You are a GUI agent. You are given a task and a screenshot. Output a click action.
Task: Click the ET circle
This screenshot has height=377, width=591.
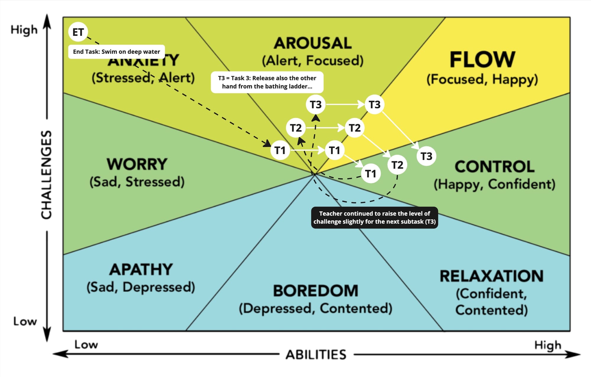click(x=78, y=32)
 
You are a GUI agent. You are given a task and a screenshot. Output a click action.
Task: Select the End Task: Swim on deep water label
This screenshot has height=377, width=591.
click(x=116, y=52)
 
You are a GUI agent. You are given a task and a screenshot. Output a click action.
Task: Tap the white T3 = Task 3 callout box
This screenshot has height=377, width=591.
click(x=267, y=82)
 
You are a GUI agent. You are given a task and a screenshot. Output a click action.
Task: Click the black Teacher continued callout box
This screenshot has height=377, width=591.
click(x=374, y=218)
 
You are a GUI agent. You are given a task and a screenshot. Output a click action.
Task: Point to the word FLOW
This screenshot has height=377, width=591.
click(x=482, y=60)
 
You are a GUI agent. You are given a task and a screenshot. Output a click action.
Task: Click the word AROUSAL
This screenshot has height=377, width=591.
click(x=313, y=43)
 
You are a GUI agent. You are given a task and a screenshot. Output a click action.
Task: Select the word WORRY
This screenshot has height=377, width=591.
click(x=137, y=164)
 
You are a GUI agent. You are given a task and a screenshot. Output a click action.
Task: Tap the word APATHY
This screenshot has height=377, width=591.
click(x=141, y=269)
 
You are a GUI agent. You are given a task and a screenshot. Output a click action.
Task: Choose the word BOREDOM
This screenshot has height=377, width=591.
click(x=315, y=291)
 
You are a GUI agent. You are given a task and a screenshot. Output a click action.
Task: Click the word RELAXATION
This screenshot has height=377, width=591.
click(x=491, y=276)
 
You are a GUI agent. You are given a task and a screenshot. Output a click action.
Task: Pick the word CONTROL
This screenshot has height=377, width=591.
click(x=494, y=167)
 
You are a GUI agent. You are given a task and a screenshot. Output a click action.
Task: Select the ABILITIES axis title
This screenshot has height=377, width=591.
click(x=316, y=355)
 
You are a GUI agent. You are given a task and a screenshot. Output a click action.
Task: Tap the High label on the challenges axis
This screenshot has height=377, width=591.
click(x=24, y=30)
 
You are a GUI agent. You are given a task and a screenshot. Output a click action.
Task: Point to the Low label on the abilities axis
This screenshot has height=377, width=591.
click(x=86, y=345)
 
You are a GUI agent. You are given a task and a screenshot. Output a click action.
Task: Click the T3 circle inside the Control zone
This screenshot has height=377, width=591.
click(x=426, y=156)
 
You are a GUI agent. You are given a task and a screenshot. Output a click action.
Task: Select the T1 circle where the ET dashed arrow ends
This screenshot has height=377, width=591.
click(x=280, y=150)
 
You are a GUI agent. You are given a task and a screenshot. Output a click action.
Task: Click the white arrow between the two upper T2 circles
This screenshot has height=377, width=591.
click(x=325, y=128)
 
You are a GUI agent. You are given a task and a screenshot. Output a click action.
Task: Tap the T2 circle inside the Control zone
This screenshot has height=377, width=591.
click(x=397, y=165)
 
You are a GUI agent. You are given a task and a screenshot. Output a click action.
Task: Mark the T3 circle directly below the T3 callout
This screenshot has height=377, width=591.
click(x=316, y=105)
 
